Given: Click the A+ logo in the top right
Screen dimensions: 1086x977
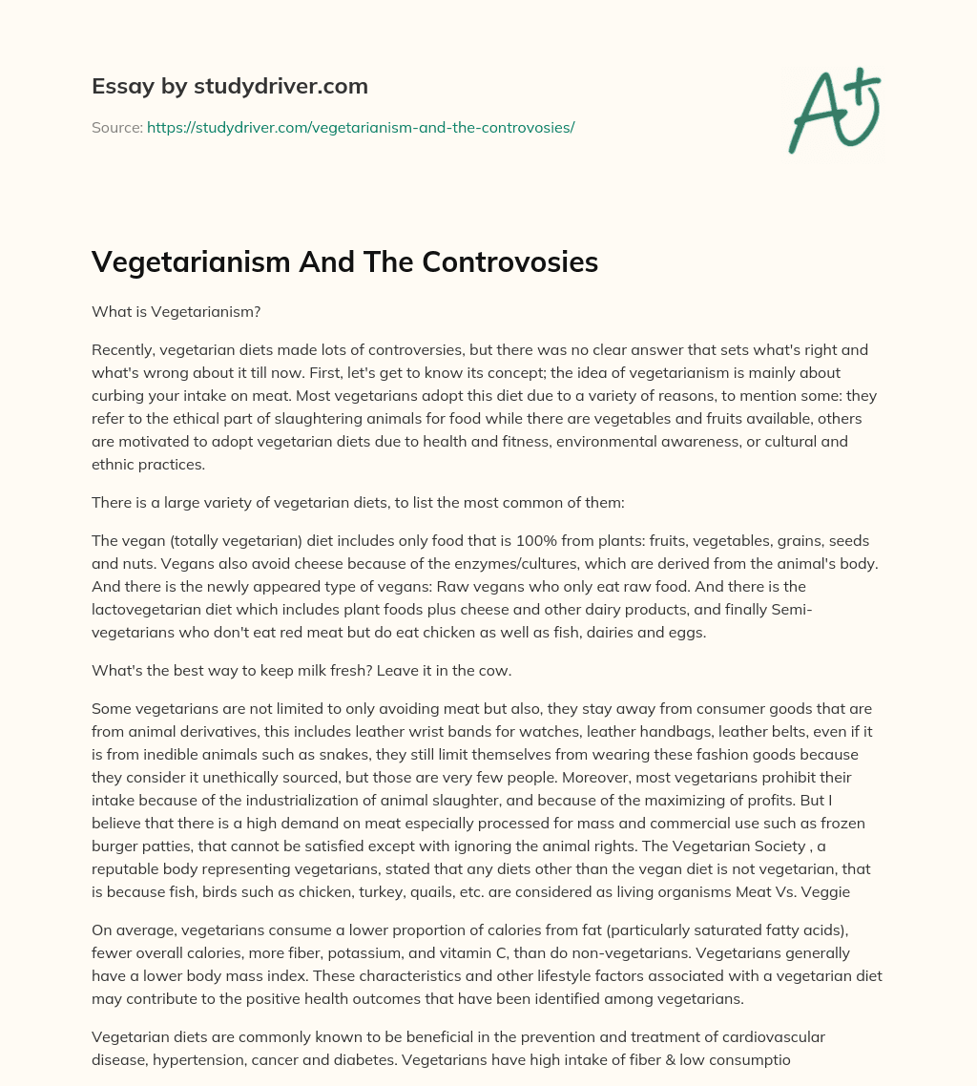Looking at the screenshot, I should tap(833, 112).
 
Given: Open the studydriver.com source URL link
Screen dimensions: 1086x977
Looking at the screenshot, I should tap(360, 126).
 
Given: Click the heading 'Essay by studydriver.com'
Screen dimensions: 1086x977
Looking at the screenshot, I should tap(229, 86).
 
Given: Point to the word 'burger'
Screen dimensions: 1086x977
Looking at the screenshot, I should tap(118, 846).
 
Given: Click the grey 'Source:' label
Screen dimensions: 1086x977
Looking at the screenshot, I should tap(116, 126).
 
